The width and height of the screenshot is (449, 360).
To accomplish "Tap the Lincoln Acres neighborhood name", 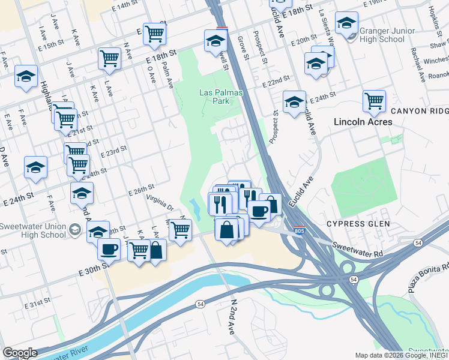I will (x=363, y=122).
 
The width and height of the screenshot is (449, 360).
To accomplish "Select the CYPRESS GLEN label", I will (x=358, y=223).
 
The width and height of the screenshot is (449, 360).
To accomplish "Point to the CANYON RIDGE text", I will (x=419, y=112).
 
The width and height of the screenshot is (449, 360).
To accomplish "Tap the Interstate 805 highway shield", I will (x=299, y=230).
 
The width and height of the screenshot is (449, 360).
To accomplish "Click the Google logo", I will (x=20, y=352).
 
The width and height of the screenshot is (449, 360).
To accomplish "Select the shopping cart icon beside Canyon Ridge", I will (x=374, y=100).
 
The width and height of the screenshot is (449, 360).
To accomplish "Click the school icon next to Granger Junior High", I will (x=346, y=23).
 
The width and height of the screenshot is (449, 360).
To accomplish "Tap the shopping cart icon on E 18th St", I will (x=109, y=58).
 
